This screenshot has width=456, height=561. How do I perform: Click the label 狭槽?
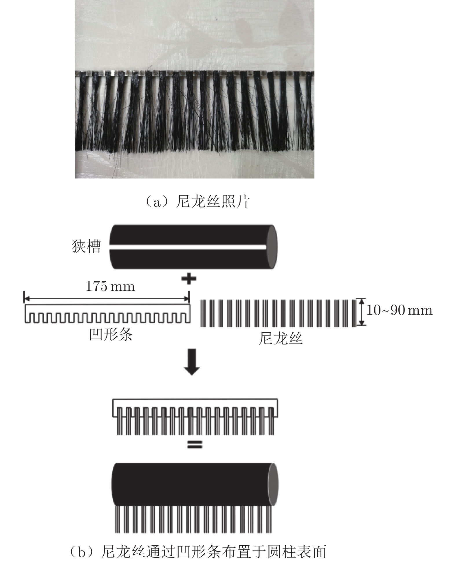point(86,247)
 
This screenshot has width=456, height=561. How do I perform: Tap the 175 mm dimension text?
point(110,287)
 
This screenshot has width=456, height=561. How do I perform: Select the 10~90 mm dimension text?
point(399,310)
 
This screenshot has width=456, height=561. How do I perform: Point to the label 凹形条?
point(111,335)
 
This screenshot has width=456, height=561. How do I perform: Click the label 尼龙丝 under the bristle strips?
point(280,338)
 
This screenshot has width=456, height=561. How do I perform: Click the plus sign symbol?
point(189,279)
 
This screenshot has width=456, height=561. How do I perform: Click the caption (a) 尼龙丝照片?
point(197,201)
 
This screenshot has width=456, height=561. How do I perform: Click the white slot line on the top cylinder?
point(188,247)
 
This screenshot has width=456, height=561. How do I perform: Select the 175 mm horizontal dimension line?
point(107,298)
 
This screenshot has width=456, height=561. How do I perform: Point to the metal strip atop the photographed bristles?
point(195,74)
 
